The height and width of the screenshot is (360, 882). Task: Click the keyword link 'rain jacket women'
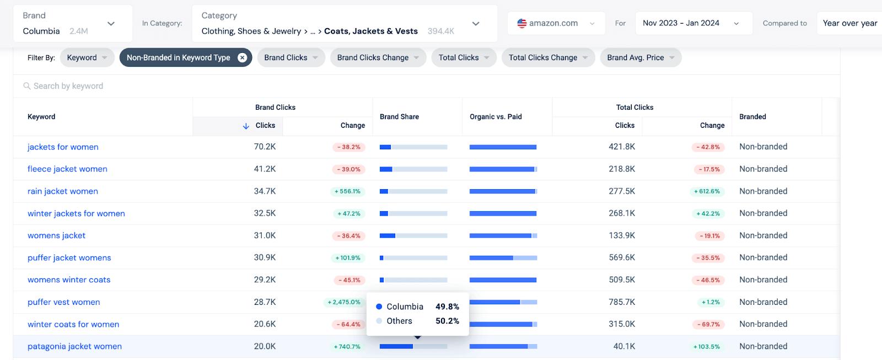(63, 191)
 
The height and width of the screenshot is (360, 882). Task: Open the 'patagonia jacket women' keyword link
(74, 346)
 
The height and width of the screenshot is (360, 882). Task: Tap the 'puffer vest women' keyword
(64, 302)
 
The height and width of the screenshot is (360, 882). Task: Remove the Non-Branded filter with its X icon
(242, 57)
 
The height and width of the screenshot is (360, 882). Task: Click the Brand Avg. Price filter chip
(641, 57)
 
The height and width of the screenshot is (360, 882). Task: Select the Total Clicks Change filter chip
(548, 57)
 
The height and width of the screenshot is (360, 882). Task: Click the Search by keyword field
(68, 86)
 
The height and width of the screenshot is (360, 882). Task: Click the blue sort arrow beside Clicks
(246, 126)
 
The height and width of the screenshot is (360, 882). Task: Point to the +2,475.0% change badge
(344, 302)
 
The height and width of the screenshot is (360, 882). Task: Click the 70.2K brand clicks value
(265, 147)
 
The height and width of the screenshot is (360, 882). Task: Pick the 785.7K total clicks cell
(622, 302)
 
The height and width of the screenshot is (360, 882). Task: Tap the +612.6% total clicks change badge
(707, 191)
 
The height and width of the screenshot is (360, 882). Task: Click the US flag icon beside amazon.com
(522, 23)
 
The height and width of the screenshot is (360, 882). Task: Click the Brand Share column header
(399, 116)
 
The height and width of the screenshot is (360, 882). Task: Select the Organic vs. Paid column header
(496, 116)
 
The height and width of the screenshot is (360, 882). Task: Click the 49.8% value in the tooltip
(447, 307)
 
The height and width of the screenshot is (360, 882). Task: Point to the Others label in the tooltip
(399, 321)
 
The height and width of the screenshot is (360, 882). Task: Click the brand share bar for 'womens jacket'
(413, 235)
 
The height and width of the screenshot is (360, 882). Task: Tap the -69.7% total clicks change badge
(708, 324)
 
